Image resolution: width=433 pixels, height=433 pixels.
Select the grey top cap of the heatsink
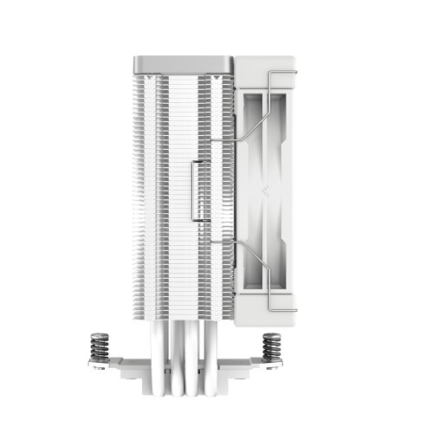click(184, 64)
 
